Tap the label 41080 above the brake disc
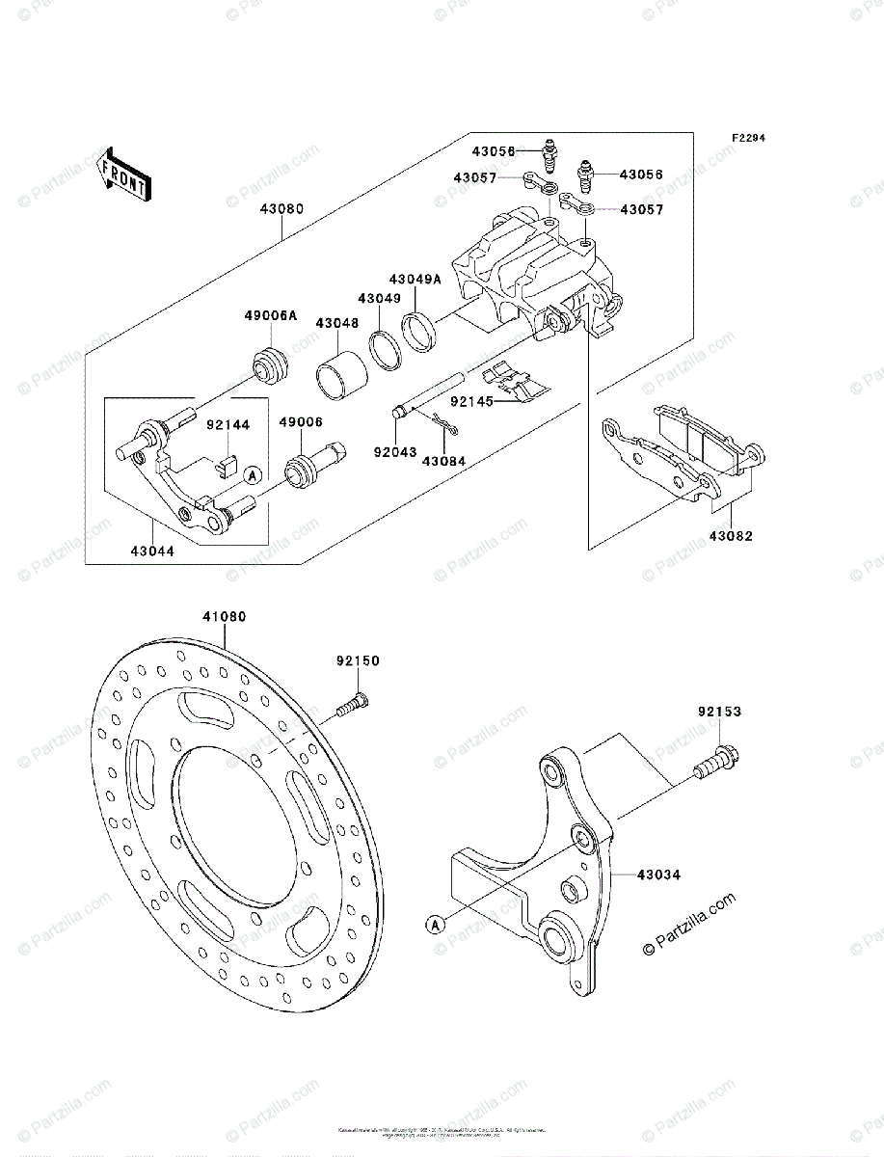pos(224,617)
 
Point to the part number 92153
pos(720,713)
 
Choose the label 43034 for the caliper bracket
pos(658,874)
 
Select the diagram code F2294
pos(747,139)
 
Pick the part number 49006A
pos(271,315)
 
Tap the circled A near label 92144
pos(251,474)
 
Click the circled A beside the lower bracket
pos(435,925)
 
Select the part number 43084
pos(442,461)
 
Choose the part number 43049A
pos(415,279)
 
